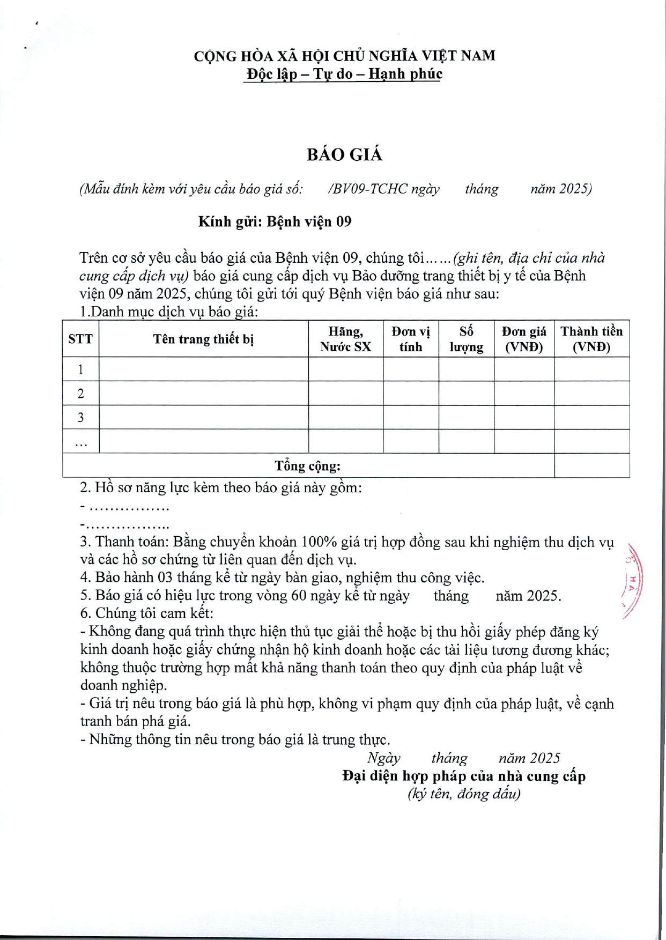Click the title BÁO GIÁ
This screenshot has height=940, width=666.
pos(344,155)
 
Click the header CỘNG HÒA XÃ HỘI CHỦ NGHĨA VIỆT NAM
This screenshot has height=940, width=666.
pos(344,56)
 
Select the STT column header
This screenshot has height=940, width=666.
pos(80,339)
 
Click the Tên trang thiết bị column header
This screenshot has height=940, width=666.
pos(203,339)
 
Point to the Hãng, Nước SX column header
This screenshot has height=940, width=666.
pos(346,339)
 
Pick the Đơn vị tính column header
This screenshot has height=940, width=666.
pos(411,339)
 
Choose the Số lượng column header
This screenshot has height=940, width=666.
pos(466,339)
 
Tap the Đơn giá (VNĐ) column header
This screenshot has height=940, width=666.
pos(524,339)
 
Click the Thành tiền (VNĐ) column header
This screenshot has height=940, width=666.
pos(591,339)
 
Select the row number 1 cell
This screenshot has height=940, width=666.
pos(80,369)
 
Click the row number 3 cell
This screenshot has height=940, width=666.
pos(80,417)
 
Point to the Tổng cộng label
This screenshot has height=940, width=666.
pos(308,466)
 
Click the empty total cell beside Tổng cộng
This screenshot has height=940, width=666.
pos(591,465)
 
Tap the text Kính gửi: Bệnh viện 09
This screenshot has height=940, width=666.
pos(275,222)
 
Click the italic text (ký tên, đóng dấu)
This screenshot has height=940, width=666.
pos(464,794)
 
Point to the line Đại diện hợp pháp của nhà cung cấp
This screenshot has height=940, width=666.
pos(464,776)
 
